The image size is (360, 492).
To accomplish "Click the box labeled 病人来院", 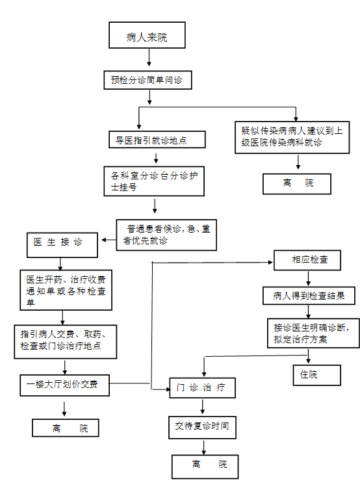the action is click(x=147, y=35).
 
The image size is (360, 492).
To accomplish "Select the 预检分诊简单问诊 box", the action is click(x=148, y=80).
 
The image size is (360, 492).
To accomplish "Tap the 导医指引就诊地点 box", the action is click(x=157, y=140).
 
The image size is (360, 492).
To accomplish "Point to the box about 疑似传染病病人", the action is click(x=292, y=137).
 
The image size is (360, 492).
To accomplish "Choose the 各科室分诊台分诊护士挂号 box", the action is click(x=154, y=181).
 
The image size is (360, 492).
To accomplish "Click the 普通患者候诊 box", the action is click(x=166, y=235).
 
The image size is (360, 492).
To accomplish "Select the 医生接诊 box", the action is click(x=62, y=245).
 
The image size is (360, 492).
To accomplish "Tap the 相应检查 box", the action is click(x=307, y=260).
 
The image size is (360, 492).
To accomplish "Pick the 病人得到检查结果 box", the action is click(x=309, y=296).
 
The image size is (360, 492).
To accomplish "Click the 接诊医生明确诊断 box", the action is click(x=313, y=333).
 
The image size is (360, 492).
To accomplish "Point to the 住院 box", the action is click(x=317, y=375).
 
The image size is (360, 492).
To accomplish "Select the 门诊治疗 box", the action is click(x=203, y=388).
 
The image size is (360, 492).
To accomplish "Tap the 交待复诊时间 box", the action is click(x=202, y=428).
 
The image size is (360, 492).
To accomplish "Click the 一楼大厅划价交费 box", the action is click(x=64, y=385).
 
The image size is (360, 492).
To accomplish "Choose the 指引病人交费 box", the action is click(x=66, y=342).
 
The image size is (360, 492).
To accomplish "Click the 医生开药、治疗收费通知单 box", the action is click(x=66, y=290).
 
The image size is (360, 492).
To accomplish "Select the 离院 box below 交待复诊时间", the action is click(x=205, y=467).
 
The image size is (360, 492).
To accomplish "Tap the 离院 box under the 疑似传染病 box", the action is click(x=297, y=184).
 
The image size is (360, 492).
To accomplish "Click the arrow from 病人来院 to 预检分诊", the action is click(x=149, y=57).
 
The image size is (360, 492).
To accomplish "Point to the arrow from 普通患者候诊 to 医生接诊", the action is click(x=109, y=240).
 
